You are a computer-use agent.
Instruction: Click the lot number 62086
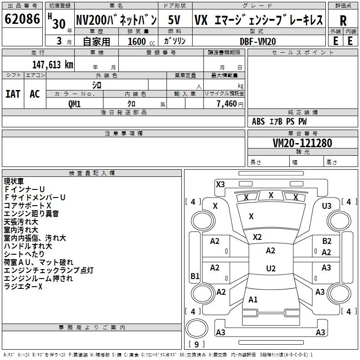tap(22, 18)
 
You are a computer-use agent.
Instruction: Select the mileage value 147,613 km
tap(53, 65)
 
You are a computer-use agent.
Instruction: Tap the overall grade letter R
tap(343, 21)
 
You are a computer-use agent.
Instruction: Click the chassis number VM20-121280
tap(302, 143)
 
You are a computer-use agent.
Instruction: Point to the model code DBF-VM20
tap(258, 41)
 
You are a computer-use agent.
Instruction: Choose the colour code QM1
tap(74, 104)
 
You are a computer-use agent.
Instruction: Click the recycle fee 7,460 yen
tap(230, 104)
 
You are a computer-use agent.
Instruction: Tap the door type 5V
tap(174, 20)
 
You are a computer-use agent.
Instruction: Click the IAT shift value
tap(13, 94)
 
